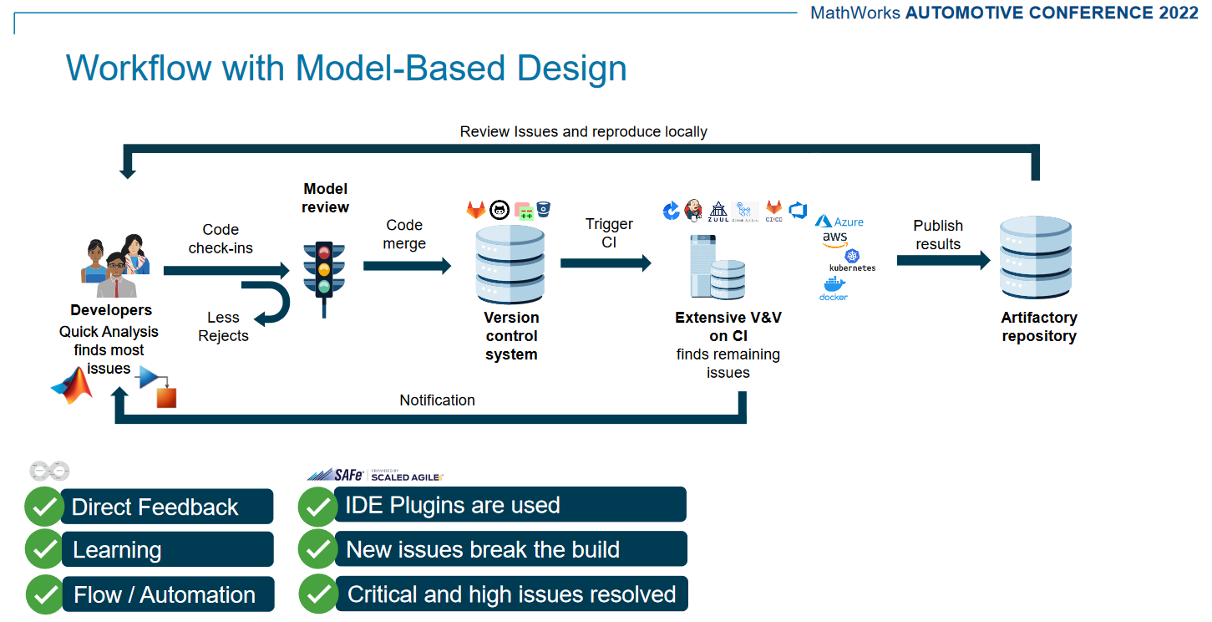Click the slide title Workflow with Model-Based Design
[346, 68]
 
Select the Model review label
[325, 198]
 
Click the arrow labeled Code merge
[407, 266]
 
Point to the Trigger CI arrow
[606, 263]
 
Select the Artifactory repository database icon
[1036, 258]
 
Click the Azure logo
[839, 222]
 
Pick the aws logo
[834, 238]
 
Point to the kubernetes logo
[852, 260]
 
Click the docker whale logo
[834, 289]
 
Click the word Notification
[437, 400]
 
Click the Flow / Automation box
[166, 594]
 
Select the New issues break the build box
[510, 549]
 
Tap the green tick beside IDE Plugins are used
[317, 505]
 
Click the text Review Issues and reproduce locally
[583, 132]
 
